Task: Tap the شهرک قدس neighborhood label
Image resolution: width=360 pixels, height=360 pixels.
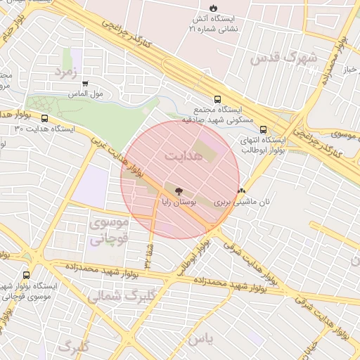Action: (294, 56)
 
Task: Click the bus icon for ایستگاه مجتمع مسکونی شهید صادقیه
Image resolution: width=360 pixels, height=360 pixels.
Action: (217, 100)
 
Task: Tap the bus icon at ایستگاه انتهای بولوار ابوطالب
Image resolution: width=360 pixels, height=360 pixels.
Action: (263, 129)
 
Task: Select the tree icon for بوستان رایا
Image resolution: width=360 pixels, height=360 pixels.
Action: (177, 191)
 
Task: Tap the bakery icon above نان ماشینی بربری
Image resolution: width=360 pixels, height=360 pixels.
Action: (242, 191)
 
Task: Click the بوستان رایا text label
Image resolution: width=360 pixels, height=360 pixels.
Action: (181, 202)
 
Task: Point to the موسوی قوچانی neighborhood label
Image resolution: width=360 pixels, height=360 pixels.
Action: (109, 230)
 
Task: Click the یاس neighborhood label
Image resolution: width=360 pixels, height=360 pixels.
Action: (200, 338)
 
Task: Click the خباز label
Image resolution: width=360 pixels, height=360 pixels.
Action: (349, 70)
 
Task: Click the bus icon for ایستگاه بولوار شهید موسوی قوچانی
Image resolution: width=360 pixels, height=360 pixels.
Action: (27, 275)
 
